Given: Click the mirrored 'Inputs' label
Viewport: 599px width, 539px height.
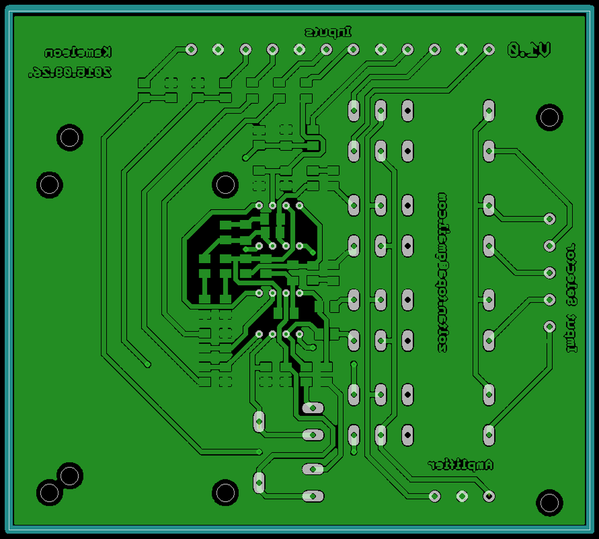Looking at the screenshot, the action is pos(329,32).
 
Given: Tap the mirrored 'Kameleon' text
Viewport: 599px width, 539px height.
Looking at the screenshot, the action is pos(78,53).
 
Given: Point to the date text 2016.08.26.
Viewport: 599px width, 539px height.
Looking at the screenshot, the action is pos(70,72).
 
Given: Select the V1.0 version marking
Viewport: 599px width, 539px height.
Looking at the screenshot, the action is pos(529,50).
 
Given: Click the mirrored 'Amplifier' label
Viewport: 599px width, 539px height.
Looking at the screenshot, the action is pos(460,464).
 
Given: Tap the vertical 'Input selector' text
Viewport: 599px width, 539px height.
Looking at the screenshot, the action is pos(571,297).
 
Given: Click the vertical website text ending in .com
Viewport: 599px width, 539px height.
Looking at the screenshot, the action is pos(442,273).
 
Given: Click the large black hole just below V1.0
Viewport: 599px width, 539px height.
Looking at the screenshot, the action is pos(549,117).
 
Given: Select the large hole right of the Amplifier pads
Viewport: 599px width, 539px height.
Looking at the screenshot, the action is pos(550,503).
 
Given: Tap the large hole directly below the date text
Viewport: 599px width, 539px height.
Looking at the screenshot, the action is pos(70,138).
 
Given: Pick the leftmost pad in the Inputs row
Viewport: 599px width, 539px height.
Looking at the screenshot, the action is pos(191,49).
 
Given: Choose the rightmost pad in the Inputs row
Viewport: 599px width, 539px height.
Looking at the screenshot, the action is pos(489,49).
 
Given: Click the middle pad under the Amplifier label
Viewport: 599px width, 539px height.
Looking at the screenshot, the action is pos(462,496).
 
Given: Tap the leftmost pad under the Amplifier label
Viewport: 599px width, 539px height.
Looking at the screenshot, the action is pos(434,496).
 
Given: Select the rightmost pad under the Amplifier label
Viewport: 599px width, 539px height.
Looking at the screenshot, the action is pos(489,496).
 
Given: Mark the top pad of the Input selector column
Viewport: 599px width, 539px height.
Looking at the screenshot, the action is pos(550,218).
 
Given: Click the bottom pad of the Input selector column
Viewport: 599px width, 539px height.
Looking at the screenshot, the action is pos(550,326).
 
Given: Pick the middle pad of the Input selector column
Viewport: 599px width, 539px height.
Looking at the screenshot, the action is pos(550,273).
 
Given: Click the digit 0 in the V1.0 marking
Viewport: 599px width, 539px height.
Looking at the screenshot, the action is pos(514,50).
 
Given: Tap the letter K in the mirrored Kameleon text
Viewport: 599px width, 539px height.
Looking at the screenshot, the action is pos(107,53).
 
